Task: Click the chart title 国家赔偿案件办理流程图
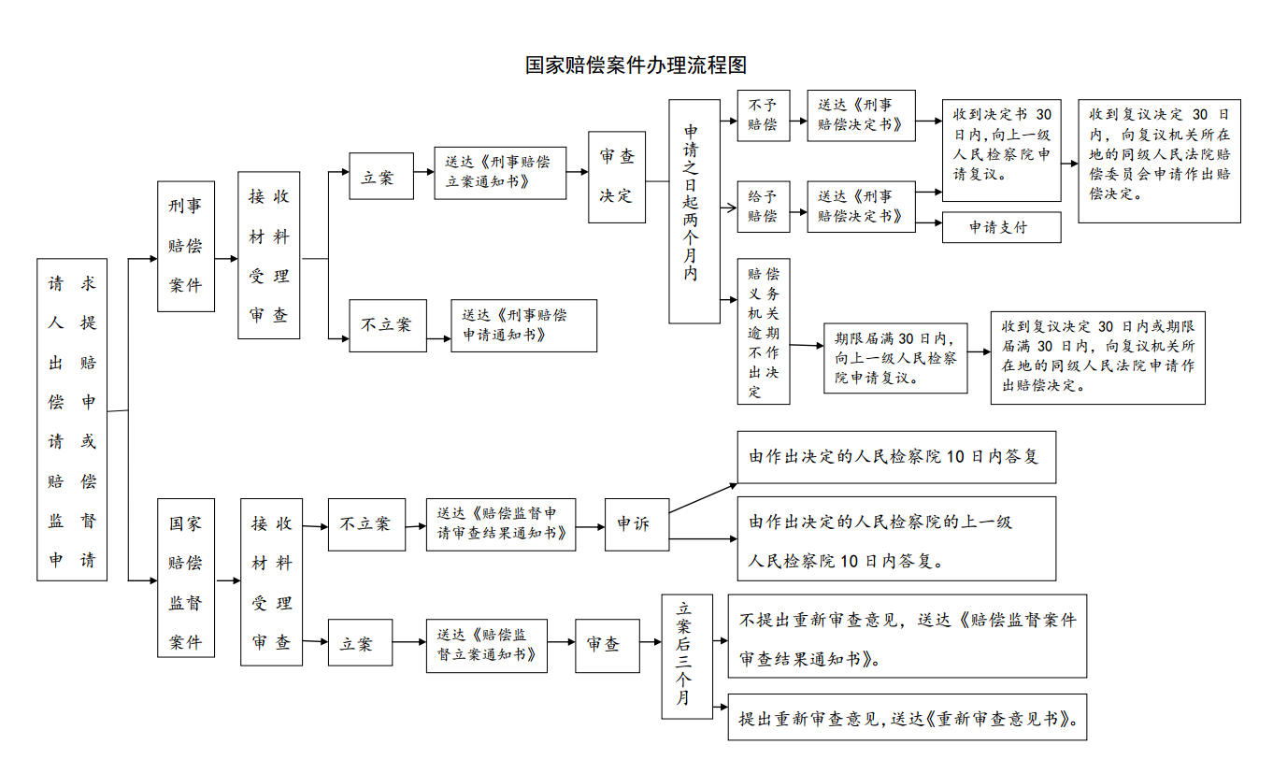tap(636, 64)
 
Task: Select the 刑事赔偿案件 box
tap(186, 246)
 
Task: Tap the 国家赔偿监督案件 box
tap(186, 578)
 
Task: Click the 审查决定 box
tap(617, 177)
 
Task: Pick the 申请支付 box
tap(1001, 227)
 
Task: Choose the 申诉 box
tap(637, 524)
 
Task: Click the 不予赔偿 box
tap(764, 115)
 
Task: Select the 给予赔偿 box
tap(764, 207)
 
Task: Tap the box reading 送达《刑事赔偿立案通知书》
tap(500, 173)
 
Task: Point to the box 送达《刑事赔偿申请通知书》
tap(524, 325)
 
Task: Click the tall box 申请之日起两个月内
tap(694, 211)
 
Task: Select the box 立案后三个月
tap(687, 656)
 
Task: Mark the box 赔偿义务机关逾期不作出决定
tap(764, 332)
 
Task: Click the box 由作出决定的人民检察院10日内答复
tap(896, 457)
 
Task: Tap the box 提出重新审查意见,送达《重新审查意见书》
tap(908, 717)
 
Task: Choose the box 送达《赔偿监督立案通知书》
tap(487, 646)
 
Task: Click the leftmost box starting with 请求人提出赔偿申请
tap(72, 420)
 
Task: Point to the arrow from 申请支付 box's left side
tap(929, 222)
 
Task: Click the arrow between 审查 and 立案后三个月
tap(651, 642)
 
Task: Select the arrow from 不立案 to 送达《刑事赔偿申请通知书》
tap(438, 338)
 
